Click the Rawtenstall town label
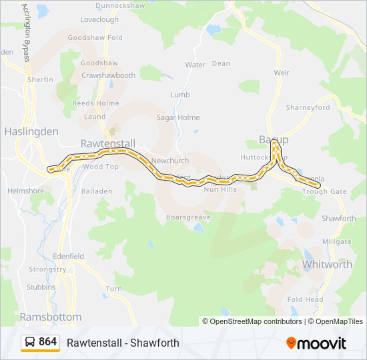tap(107, 143)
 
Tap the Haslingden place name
tap(31, 131)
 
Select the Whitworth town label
tap(327, 265)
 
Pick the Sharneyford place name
tap(308, 107)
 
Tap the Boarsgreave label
tap(188, 217)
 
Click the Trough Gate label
tap(324, 192)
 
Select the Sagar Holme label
tap(177, 117)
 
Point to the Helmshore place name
tap(25, 191)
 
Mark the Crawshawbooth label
tap(108, 75)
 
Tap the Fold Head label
tap(305, 300)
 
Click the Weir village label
tap(282, 72)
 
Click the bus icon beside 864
tap(30, 343)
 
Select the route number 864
tap(48, 342)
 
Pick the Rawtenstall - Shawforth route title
tap(123, 343)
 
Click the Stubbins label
tap(40, 287)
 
